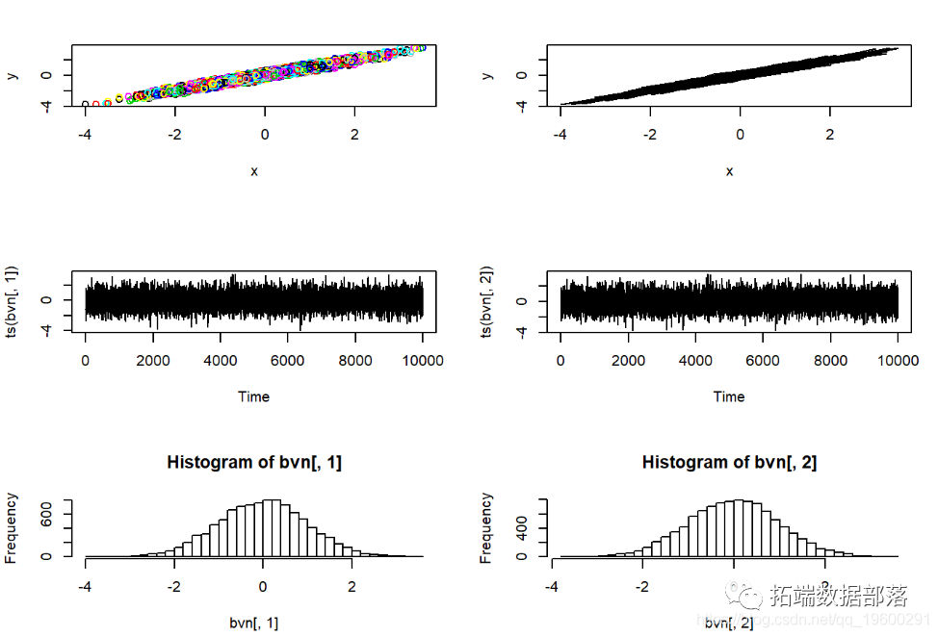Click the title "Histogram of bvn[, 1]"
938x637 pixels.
254,463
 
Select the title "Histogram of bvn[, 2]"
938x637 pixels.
729,463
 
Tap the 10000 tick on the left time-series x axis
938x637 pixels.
422,361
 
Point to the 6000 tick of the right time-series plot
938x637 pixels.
763,361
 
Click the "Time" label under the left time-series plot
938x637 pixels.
254,396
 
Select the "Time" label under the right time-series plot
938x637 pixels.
729,396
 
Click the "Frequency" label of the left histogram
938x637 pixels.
13,527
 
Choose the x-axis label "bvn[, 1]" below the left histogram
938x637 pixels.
254,624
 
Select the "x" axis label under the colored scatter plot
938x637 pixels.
254,171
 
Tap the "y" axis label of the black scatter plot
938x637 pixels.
487,75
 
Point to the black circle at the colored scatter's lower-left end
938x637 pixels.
86,104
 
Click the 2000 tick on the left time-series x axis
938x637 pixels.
153,361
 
